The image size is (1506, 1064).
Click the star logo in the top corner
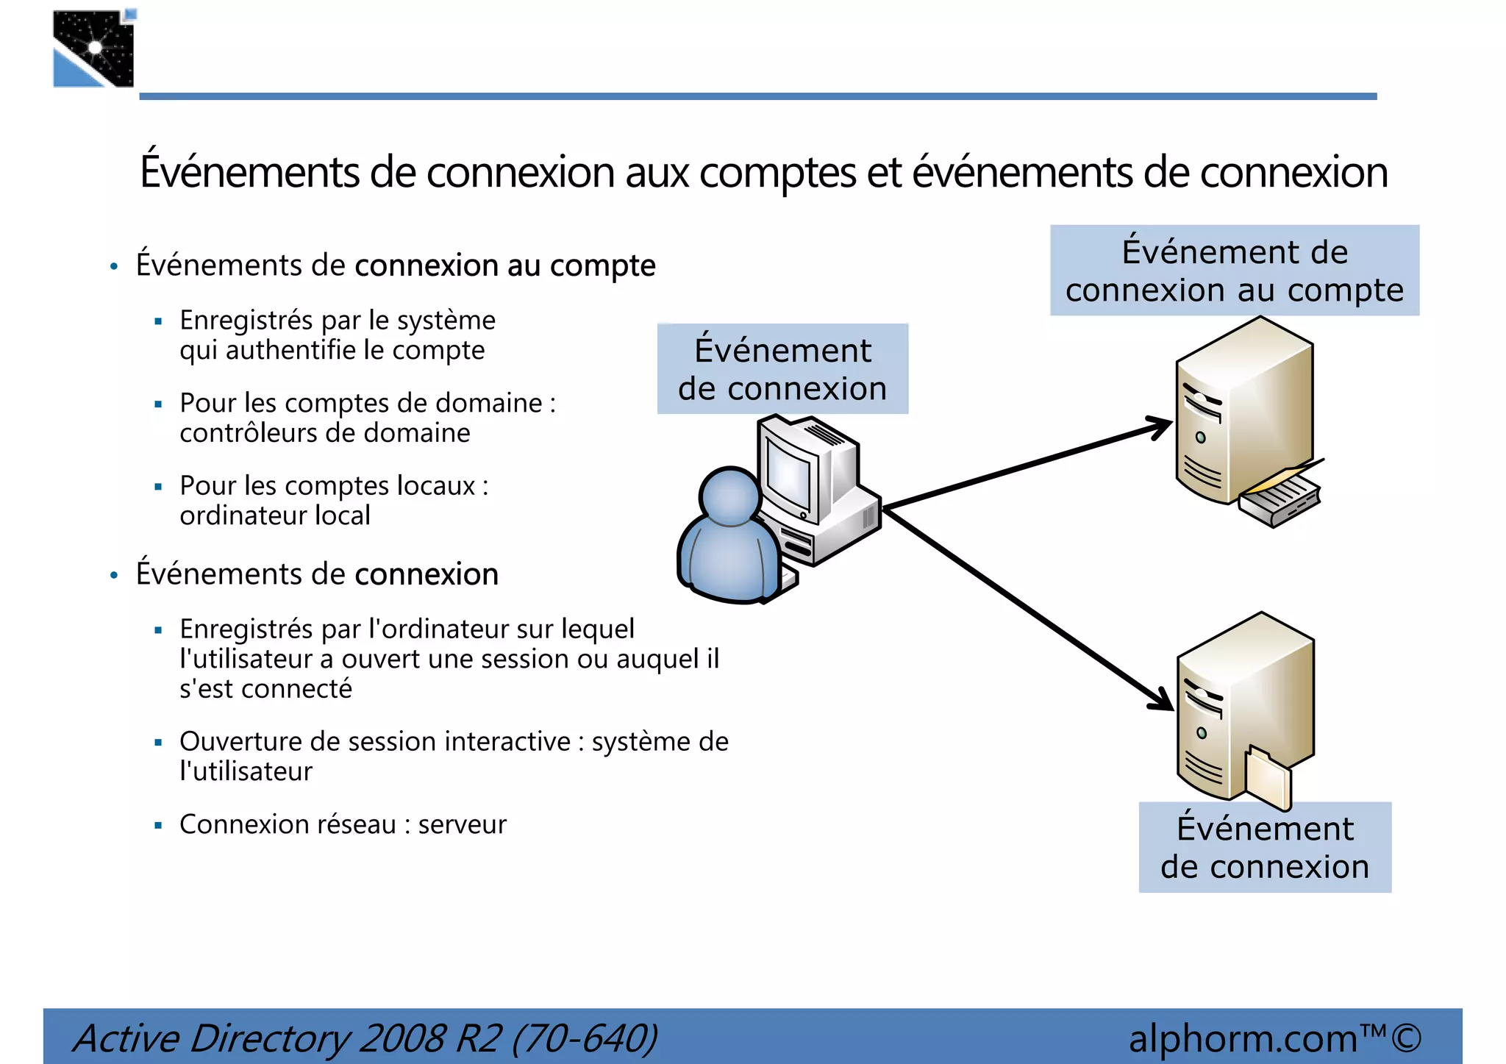click(x=94, y=49)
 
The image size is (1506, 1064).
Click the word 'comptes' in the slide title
click(x=778, y=173)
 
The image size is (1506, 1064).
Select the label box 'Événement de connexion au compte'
click(x=1234, y=271)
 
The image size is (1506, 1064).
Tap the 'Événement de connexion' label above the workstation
click(x=782, y=369)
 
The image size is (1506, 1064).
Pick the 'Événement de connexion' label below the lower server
click(x=1264, y=847)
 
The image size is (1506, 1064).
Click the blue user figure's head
click(x=729, y=496)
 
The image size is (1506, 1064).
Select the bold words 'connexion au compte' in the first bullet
click(x=504, y=265)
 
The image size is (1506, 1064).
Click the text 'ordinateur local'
click(x=274, y=515)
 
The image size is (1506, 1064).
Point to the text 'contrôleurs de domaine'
click(x=324, y=433)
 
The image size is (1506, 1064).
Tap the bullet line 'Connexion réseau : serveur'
click(x=343, y=825)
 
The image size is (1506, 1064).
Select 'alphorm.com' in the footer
click(x=1243, y=1039)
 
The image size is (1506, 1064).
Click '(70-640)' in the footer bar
click(x=584, y=1039)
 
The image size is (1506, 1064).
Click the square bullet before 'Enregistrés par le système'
click(x=158, y=321)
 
